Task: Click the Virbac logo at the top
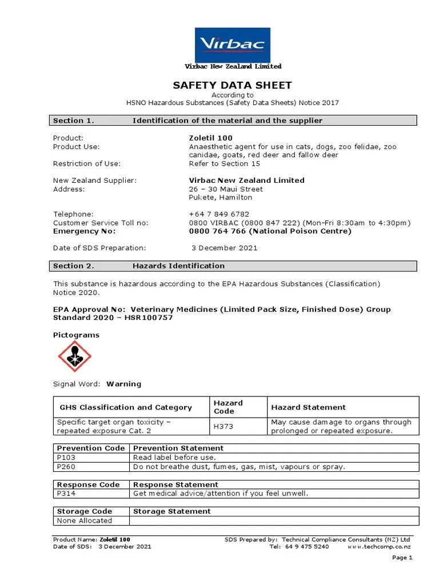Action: click(233, 45)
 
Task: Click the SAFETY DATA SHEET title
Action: click(233, 86)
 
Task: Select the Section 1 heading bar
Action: click(233, 121)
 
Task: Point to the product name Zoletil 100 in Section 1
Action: click(210, 138)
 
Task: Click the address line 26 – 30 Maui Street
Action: click(226, 189)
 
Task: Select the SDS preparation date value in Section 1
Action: click(224, 248)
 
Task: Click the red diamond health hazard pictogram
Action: click(74, 356)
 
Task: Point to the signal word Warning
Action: click(123, 384)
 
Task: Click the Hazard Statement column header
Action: click(308, 407)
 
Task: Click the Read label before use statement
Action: click(174, 458)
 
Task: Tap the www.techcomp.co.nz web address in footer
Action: click(378, 547)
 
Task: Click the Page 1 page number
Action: click(402, 558)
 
